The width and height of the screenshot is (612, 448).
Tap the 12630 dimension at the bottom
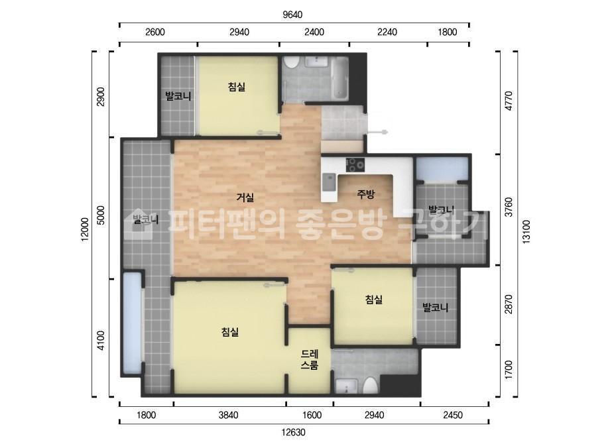(x=292, y=432)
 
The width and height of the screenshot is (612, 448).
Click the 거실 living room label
(x=245, y=197)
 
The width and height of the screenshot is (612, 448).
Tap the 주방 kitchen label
(x=366, y=194)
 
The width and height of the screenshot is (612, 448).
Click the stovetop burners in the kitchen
(x=355, y=163)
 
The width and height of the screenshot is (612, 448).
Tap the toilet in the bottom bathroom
(x=370, y=386)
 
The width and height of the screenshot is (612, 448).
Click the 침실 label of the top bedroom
(x=236, y=87)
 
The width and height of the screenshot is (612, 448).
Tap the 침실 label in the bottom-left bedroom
(x=230, y=332)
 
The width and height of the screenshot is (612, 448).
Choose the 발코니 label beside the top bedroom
(x=178, y=96)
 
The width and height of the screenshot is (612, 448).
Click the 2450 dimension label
(x=454, y=416)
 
